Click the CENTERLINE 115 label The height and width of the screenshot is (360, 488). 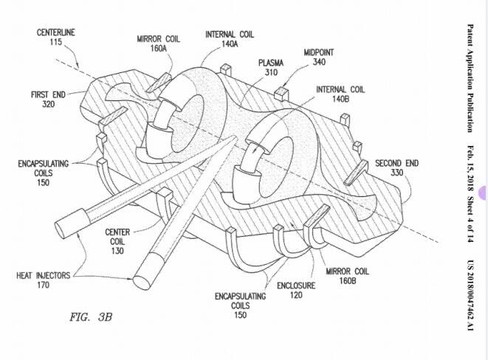coord(56,38)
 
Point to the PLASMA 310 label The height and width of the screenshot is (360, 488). coord(270,67)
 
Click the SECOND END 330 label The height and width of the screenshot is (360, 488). coord(396,168)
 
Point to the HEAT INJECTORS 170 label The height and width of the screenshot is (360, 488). coord(44,280)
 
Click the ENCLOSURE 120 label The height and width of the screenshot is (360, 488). coord(295,290)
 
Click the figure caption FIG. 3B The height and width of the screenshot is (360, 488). coord(89,317)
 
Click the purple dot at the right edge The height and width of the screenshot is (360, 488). coord(484,193)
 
